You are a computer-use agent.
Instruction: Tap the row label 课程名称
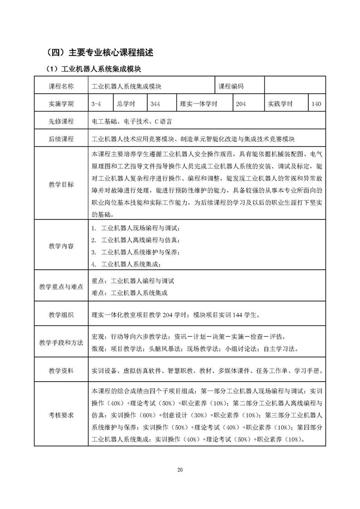click(x=61, y=86)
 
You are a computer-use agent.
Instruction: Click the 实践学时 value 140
click(x=316, y=104)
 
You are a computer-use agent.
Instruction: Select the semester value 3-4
click(x=96, y=104)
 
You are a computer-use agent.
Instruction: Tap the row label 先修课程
click(x=61, y=121)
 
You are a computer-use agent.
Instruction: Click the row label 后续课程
click(x=61, y=139)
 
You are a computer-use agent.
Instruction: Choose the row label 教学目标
click(x=61, y=184)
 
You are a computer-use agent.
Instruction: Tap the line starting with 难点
click(x=129, y=293)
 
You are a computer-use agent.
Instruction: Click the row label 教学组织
click(x=61, y=315)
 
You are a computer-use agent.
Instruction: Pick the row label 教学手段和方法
click(x=61, y=343)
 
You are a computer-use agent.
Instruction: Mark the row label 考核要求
click(x=61, y=414)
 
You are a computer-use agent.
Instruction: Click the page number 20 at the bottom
click(x=180, y=470)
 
